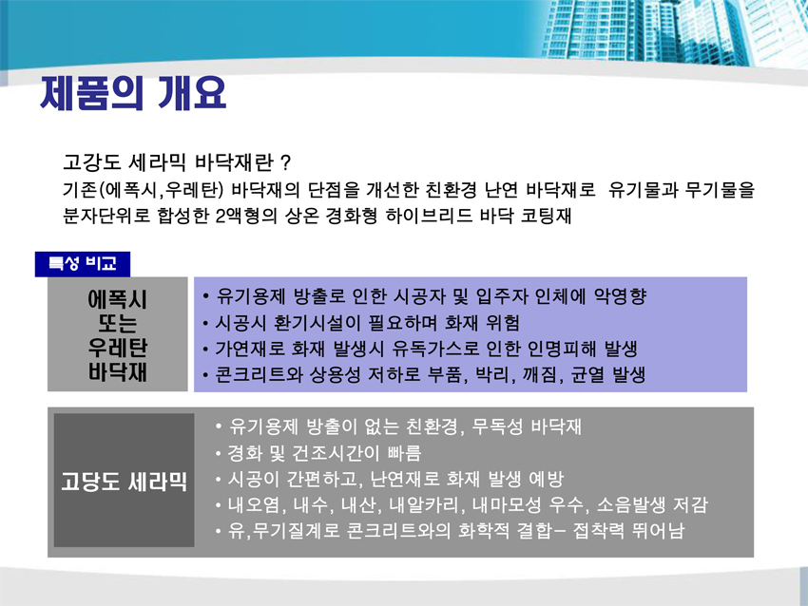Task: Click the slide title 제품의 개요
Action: pos(133,93)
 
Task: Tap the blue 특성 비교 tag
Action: pos(83,264)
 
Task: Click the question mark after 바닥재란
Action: pos(286,163)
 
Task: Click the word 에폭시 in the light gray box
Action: pos(118,299)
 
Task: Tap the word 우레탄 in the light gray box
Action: pos(118,348)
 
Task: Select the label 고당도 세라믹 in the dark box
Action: pos(124,481)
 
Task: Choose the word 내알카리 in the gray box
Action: pos(424,504)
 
